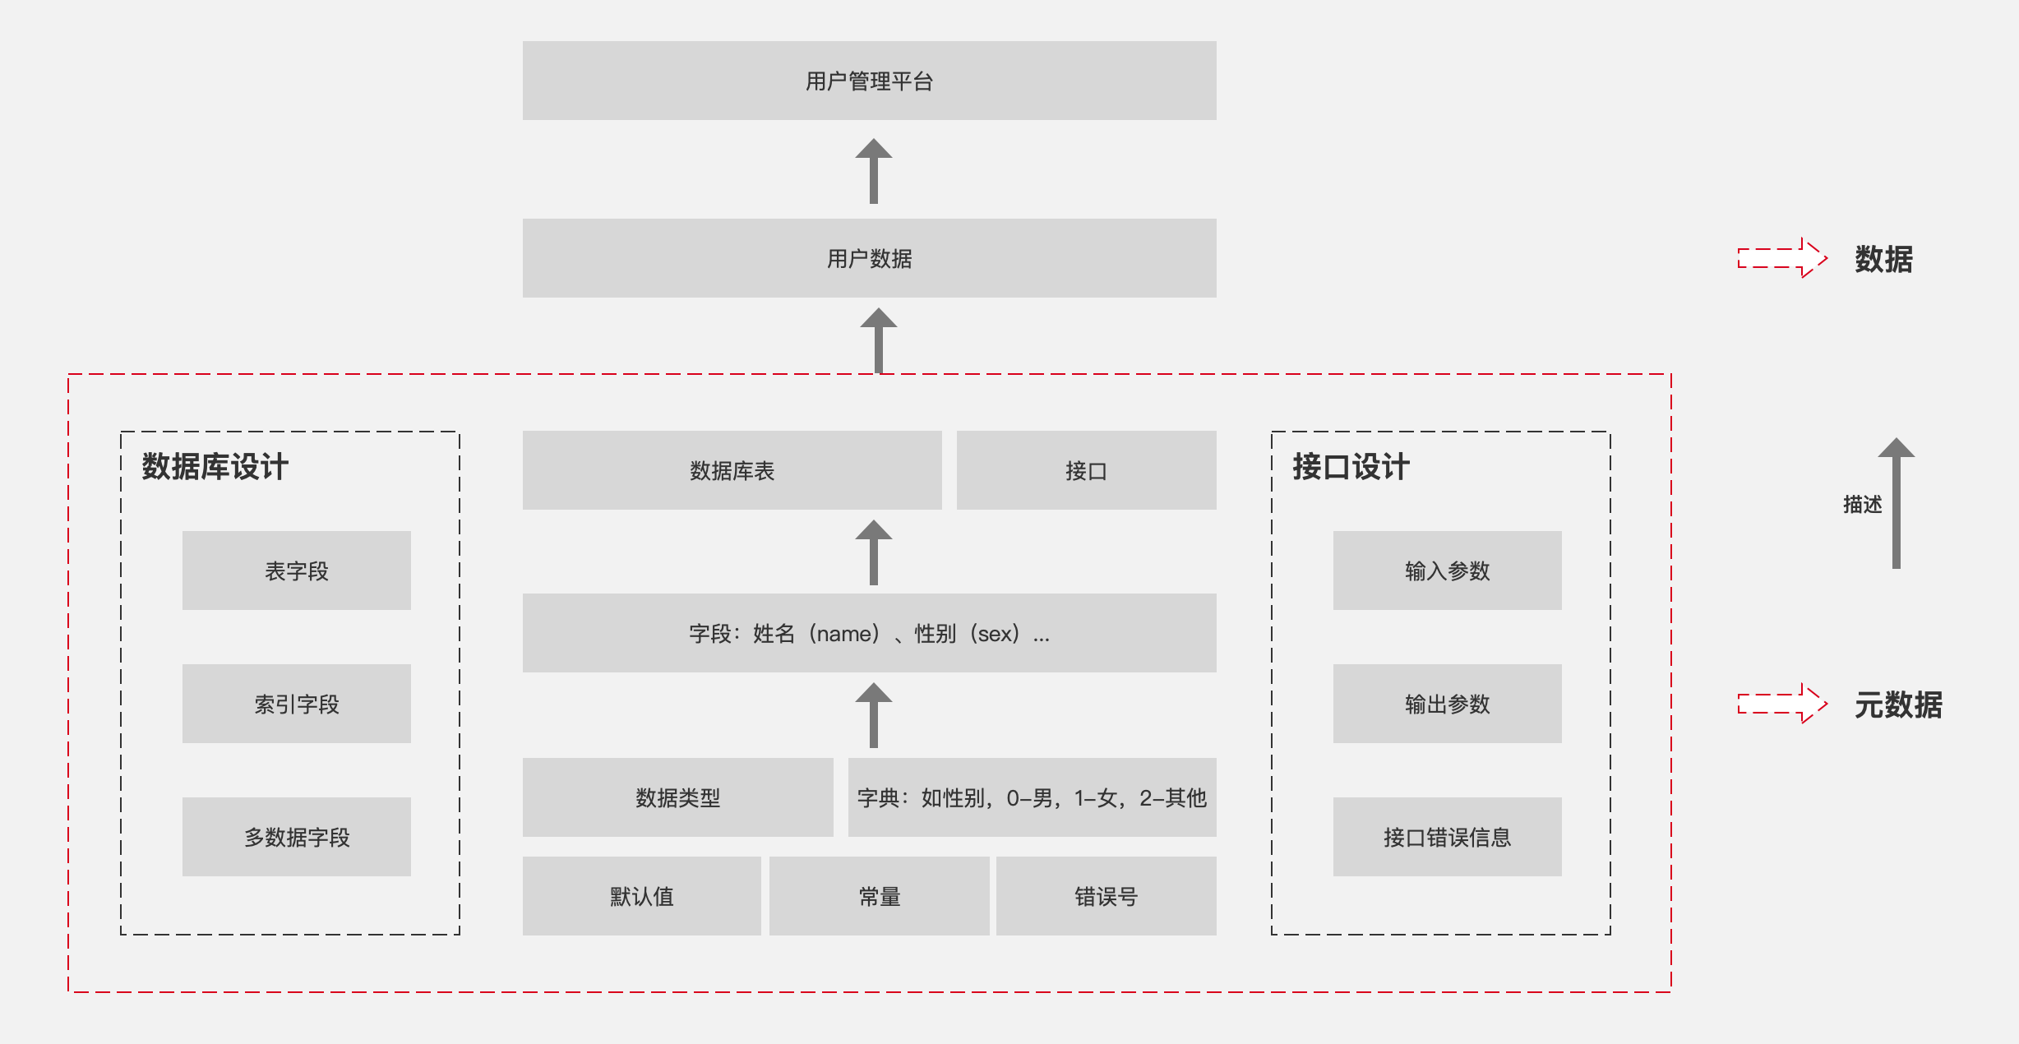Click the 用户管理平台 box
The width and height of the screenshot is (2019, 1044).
tap(869, 81)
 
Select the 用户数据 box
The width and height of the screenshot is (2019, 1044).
tap(869, 258)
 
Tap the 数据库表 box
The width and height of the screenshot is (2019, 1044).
tap(732, 470)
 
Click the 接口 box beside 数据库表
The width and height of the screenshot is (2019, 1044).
tap(1086, 470)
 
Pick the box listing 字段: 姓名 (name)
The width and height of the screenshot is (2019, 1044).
tap(869, 633)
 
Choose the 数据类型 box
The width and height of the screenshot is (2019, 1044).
tap(677, 797)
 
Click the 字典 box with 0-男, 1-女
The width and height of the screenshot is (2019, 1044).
tap(1032, 797)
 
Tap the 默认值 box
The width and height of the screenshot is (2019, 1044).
tap(641, 896)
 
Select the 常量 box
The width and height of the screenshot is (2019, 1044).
tap(879, 896)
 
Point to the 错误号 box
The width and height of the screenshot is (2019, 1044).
tap(1106, 896)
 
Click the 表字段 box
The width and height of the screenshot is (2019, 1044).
tap(296, 571)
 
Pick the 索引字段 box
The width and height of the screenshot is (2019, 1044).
tap(296, 704)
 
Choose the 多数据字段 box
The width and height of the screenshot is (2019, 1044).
tap(296, 837)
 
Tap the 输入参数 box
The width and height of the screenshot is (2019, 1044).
tap(1447, 571)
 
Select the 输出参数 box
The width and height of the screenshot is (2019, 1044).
tap(1447, 704)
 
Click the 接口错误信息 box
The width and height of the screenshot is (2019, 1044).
tap(1447, 837)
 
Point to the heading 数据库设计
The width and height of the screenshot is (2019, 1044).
tap(215, 466)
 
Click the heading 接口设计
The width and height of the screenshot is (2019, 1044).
tap(1351, 466)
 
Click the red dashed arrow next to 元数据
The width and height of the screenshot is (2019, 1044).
tap(1782, 704)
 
